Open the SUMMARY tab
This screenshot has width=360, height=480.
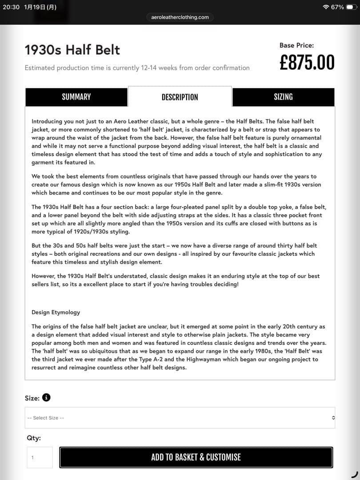(76, 97)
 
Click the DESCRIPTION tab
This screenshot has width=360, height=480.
(180, 97)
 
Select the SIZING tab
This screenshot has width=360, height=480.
(283, 97)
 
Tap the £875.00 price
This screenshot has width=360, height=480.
(307, 63)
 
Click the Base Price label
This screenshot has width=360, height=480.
(296, 45)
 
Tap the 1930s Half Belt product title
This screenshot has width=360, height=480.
(72, 50)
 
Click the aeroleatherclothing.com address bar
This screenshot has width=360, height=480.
(180, 17)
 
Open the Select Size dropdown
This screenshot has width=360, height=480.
(180, 418)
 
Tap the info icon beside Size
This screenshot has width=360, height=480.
(46, 398)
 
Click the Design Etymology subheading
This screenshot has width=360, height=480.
(56, 312)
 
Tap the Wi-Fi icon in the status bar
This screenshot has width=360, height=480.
(326, 7)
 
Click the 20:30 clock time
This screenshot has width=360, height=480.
(11, 7)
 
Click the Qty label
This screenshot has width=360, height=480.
(34, 438)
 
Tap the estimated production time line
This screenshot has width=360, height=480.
(137, 68)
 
